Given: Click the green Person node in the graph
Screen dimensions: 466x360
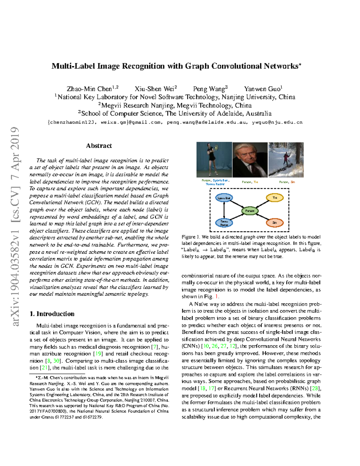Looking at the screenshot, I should coord(250,211).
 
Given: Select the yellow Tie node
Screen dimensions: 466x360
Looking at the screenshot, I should coord(274,198).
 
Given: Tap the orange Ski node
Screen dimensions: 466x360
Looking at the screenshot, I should coord(274,223).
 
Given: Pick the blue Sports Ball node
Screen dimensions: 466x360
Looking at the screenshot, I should coord(224,198).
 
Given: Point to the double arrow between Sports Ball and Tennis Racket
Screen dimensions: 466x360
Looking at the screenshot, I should coord(224,210).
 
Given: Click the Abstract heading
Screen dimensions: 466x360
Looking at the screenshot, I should coord(99,146).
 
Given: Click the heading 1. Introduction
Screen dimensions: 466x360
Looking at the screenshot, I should coord(52,314).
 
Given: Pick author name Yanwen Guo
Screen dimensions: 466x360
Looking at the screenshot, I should coord(263,89).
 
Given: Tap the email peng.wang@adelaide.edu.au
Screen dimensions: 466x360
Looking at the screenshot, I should coord(207,122).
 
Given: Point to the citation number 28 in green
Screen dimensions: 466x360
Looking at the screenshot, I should coord(315,388).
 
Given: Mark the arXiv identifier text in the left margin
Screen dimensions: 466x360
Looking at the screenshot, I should coord(15,227).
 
